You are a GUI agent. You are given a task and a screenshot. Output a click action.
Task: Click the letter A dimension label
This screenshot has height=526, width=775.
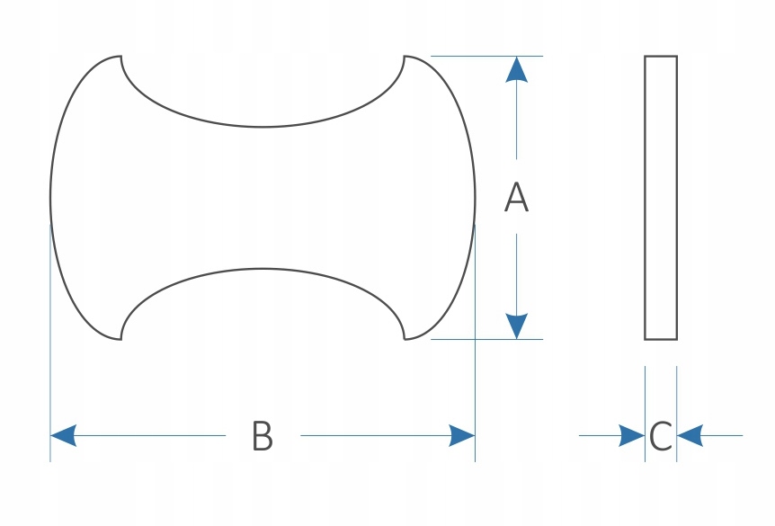pyautogui.click(x=516, y=198)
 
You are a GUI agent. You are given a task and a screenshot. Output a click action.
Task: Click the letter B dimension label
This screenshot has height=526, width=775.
pyautogui.click(x=262, y=436)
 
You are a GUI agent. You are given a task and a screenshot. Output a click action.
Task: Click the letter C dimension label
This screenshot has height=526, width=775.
pyautogui.click(x=660, y=437)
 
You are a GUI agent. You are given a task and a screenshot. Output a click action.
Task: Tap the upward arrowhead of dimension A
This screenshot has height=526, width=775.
pyautogui.click(x=516, y=69)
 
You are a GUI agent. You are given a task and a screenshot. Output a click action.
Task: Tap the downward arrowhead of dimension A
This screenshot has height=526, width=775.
pyautogui.click(x=516, y=326)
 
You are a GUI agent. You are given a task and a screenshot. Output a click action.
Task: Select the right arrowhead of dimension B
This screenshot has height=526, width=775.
pyautogui.click(x=462, y=436)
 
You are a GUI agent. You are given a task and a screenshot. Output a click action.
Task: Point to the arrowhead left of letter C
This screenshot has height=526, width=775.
pyautogui.click(x=633, y=436)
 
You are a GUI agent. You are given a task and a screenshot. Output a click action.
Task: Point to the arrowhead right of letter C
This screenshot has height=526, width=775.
pyautogui.click(x=689, y=436)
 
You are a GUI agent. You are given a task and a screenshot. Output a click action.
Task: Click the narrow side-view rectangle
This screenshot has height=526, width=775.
pyautogui.click(x=661, y=198)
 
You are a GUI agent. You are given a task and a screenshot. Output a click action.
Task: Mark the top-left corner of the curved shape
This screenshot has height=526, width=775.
pyautogui.click(x=120, y=57)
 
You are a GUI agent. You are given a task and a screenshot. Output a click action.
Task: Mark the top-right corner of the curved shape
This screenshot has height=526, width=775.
pyautogui.click(x=405, y=57)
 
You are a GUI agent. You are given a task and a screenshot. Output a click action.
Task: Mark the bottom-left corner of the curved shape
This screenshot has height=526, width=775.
pyautogui.click(x=120, y=339)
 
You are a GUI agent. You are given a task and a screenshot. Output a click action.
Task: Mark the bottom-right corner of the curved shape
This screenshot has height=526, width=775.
pyautogui.click(x=405, y=339)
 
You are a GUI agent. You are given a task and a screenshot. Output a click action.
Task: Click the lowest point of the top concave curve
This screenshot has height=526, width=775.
pyautogui.click(x=263, y=127)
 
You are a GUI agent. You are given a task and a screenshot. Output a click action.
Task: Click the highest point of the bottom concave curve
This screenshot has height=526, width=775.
pyautogui.click(x=263, y=269)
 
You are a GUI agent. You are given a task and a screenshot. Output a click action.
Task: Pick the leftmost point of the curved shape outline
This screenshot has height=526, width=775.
pyautogui.click(x=50, y=198)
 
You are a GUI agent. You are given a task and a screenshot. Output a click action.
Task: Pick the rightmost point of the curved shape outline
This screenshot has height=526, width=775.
pyautogui.click(x=475, y=198)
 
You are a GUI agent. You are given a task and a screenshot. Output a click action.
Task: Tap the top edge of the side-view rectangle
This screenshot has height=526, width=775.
pyautogui.click(x=661, y=57)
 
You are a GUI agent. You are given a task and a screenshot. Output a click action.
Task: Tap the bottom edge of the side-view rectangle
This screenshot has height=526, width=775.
pyautogui.click(x=661, y=339)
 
